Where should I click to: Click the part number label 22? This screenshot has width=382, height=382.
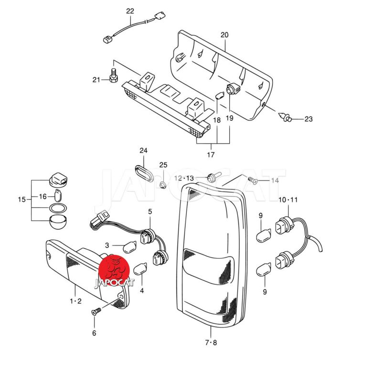tap(130, 11)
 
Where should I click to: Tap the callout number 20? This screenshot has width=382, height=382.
tap(224, 35)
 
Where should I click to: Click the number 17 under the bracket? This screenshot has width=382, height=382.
tap(211, 154)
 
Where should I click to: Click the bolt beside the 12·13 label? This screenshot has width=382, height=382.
tap(212, 178)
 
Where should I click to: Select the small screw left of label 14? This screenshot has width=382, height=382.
tap(253, 180)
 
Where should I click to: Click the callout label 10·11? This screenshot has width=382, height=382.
tap(288, 199)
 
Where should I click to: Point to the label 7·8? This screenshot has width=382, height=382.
tap(211, 342)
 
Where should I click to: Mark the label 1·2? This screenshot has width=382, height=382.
tap(76, 301)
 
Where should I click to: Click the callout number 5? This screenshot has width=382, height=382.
tap(150, 211)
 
